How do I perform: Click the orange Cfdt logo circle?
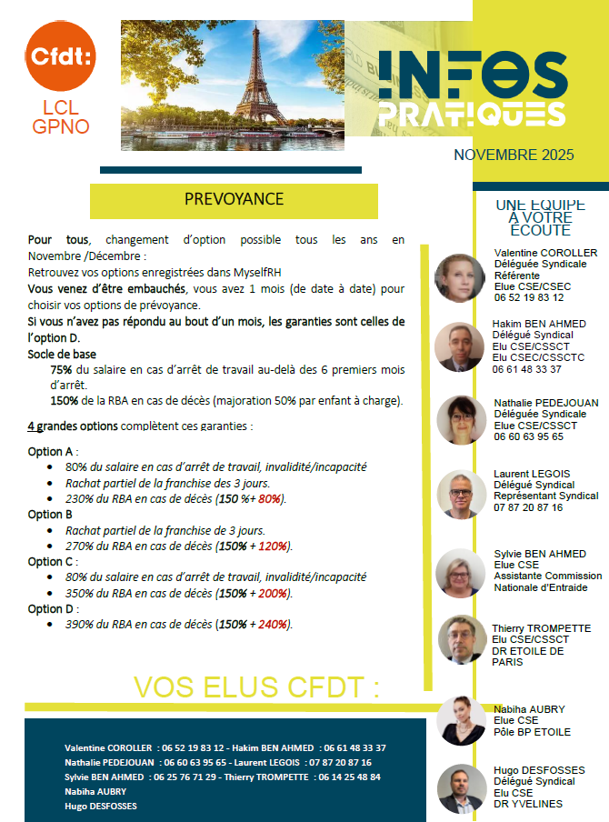pyautogui.click(x=61, y=57)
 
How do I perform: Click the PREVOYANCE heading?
pyautogui.click(x=234, y=199)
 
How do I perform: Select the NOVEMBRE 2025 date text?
pyautogui.click(x=514, y=155)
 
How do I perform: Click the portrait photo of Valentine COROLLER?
pyautogui.click(x=460, y=277)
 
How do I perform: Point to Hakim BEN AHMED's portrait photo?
pyautogui.click(x=460, y=346)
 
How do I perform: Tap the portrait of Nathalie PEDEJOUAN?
pyautogui.click(x=461, y=419)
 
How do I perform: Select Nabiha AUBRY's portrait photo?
pyautogui.click(x=461, y=720)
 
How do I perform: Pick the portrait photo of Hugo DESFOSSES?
pyautogui.click(x=461, y=788)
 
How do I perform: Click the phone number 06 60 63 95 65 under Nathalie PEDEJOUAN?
pyautogui.click(x=528, y=436)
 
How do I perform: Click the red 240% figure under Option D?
pyautogui.click(x=272, y=625)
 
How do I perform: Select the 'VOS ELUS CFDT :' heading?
pyautogui.click(x=256, y=687)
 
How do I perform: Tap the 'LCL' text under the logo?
pyautogui.click(x=61, y=108)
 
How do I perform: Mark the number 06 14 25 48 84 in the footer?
pyautogui.click(x=349, y=777)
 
